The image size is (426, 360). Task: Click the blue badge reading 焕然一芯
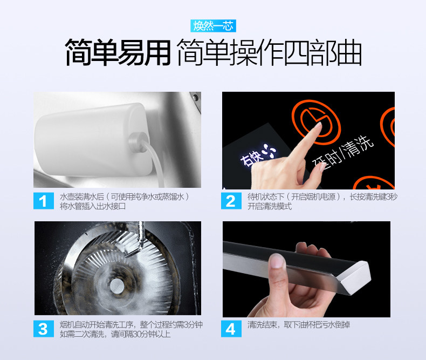coord(213,26)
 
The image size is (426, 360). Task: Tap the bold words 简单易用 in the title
coord(118,52)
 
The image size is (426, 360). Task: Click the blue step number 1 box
coord(44,201)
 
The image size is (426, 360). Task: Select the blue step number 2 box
coord(231,201)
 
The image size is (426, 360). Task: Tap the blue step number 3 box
coord(44,329)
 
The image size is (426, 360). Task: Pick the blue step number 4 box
coord(231,329)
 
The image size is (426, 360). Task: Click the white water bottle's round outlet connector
coord(139,142)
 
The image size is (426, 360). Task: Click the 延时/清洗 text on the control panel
coord(343,152)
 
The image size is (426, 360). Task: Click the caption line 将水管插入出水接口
coord(93,206)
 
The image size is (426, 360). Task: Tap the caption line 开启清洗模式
coord(270,206)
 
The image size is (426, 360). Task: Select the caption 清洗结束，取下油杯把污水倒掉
coord(299,325)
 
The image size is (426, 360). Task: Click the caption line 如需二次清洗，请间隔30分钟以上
coord(115,334)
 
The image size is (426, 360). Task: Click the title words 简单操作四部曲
coord(270,52)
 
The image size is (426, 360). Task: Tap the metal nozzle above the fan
coord(135,239)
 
